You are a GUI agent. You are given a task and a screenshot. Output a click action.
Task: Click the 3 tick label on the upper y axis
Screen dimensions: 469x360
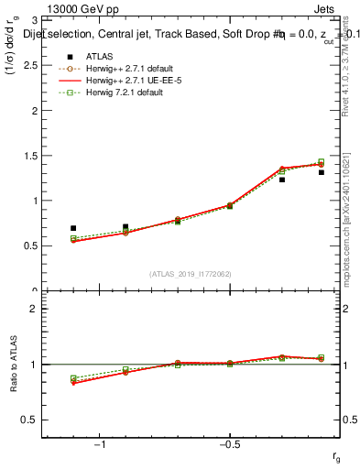point(36,20)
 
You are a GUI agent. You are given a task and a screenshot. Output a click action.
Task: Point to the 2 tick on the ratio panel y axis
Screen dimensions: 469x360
point(36,309)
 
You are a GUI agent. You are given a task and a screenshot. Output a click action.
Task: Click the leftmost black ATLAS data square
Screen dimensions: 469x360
point(73,228)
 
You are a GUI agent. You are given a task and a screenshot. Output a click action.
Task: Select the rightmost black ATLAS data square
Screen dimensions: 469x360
point(322,172)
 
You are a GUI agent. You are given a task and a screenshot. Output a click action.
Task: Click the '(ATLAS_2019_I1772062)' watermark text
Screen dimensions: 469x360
point(191,273)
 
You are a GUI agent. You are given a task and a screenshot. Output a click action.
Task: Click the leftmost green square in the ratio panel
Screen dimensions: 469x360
point(73,378)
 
